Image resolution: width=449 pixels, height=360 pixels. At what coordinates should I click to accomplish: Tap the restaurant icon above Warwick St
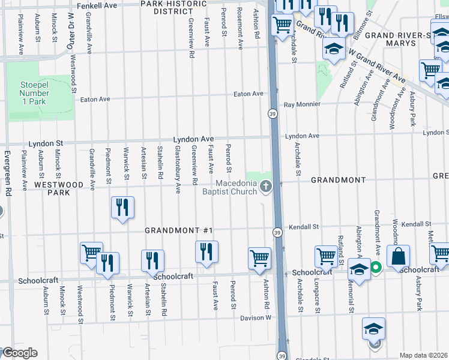(x=122, y=208)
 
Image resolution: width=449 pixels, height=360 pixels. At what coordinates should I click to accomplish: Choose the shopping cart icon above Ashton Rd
(x=259, y=258)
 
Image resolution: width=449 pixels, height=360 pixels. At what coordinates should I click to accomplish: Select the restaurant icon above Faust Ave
(x=206, y=251)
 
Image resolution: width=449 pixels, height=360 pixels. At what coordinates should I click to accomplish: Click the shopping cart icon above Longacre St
(x=325, y=256)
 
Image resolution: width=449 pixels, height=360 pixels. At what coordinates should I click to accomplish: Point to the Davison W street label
(x=256, y=317)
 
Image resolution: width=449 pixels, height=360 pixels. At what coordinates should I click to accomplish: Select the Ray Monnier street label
(x=302, y=104)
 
